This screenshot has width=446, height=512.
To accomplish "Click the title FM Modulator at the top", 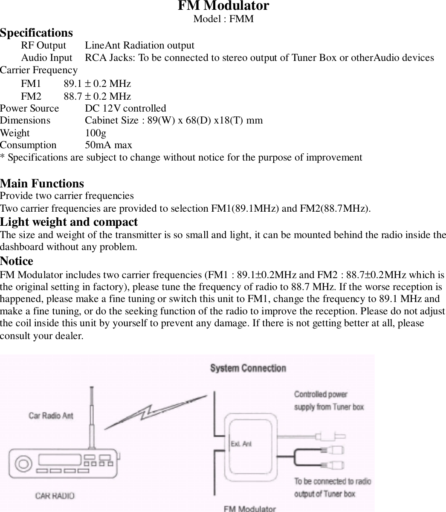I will (223, 6).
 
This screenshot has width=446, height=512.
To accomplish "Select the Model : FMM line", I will (223, 19).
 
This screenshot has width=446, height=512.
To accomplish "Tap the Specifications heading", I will (36, 33).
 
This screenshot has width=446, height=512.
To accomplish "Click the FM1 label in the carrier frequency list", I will (31, 83).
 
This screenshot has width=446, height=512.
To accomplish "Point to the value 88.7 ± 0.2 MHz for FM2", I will (97, 96).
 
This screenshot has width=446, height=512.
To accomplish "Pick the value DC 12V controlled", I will (125, 109).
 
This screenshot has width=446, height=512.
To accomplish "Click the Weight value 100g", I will (96, 133).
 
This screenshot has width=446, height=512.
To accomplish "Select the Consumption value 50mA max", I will (108, 145).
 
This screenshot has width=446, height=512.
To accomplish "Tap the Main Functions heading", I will (42, 184).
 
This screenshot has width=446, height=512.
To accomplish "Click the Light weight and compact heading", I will (69, 222).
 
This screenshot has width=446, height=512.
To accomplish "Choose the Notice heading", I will (17, 261).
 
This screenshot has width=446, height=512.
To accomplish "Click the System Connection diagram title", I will (248, 368).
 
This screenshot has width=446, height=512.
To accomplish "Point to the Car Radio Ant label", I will (51, 415).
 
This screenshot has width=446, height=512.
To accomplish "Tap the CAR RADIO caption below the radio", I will (54, 496).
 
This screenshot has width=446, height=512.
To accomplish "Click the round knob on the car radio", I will (23, 463).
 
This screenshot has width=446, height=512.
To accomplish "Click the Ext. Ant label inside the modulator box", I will (241, 444).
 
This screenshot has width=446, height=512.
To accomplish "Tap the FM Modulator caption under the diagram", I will (250, 508).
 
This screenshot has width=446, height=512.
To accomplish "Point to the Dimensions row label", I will (25, 121).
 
